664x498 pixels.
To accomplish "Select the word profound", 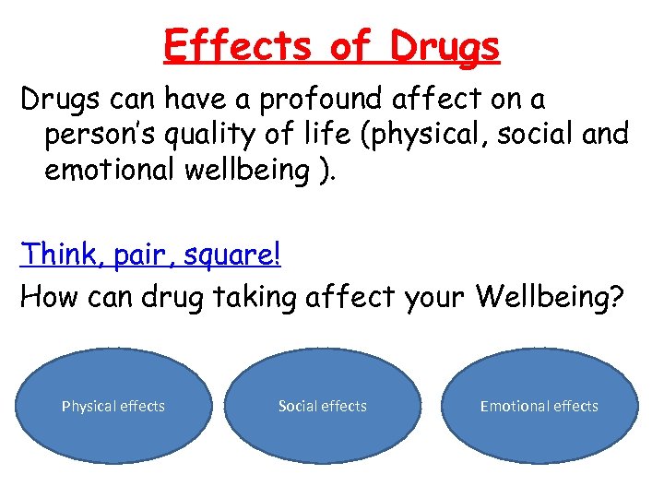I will (311, 97).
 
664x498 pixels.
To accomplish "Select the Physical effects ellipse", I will (113, 406).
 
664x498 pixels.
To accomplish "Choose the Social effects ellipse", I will (323, 406).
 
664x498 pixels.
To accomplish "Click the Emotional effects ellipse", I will (539, 406).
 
